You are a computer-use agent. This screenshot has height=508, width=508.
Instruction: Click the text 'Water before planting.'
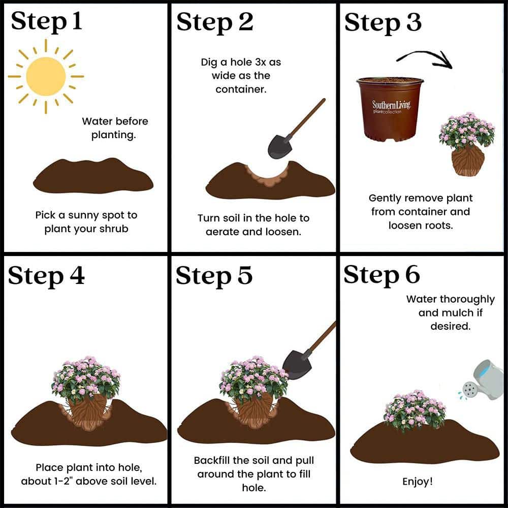point(115,129)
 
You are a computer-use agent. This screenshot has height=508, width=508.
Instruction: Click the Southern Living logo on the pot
point(391,107)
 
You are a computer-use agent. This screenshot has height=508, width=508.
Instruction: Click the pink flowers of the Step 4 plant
point(86,375)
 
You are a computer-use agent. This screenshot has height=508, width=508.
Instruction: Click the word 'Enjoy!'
point(417,481)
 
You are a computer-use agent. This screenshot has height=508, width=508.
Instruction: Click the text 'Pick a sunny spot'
point(86,215)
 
